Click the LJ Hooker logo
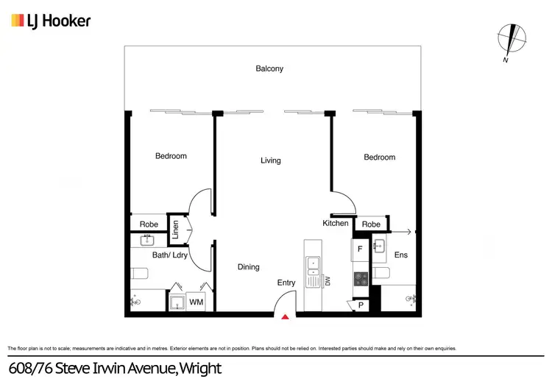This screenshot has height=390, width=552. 51,21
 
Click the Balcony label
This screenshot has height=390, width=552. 269,69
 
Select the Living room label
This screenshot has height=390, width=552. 271,160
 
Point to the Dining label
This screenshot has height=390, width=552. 249,267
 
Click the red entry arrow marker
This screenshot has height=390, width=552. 286,316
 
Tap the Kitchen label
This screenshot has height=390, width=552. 336,223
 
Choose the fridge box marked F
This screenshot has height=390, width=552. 360,249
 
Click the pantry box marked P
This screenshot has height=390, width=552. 360,305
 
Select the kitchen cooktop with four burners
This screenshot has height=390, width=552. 361,279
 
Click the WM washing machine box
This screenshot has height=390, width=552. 196,302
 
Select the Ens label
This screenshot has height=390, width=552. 401,255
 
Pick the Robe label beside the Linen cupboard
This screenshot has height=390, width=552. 149,224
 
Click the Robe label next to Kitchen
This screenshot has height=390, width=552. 371,224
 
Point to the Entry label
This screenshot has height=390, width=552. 286,283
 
